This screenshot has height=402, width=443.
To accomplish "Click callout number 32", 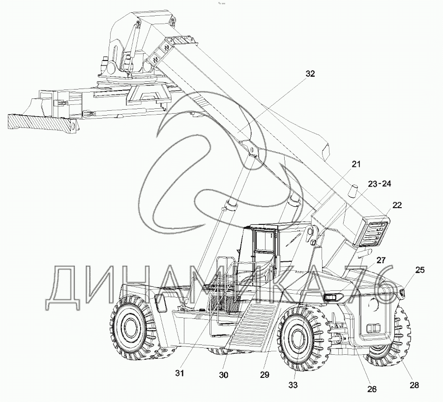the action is pyautogui.click(x=310, y=73).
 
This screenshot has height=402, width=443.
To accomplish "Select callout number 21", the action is pyautogui.click(x=356, y=164).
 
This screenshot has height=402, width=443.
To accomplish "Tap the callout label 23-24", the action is pyautogui.click(x=380, y=184).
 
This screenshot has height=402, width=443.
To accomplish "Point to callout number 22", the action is pyautogui.click(x=397, y=205).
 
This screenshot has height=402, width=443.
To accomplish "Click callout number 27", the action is pyautogui.click(x=380, y=260).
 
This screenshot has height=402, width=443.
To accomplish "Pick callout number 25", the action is pyautogui.click(x=419, y=270).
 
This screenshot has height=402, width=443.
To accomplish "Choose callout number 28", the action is pyautogui.click(x=414, y=385).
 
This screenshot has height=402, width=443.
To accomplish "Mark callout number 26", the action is pyautogui.click(x=372, y=389).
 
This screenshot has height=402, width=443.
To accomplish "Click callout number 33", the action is pyautogui.click(x=293, y=385).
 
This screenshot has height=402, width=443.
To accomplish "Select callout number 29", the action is pyautogui.click(x=264, y=375).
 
